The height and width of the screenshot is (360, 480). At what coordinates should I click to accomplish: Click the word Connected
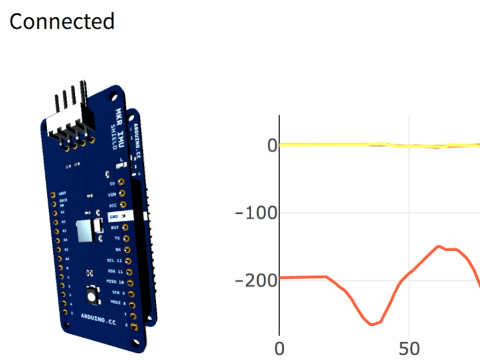click(x=62, y=21)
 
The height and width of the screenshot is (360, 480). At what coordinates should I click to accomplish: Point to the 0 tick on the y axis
click(x=271, y=145)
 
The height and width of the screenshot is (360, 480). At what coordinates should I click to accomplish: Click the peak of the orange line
click(x=438, y=246)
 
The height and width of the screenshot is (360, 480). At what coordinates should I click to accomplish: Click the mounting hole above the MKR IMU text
click(x=113, y=96)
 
